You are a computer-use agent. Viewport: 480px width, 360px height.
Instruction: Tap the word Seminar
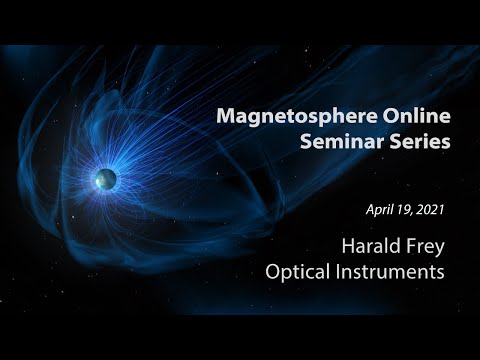coord(341,143)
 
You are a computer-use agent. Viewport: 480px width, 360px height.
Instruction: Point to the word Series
coord(420,143)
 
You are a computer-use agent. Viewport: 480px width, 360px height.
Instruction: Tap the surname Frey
coord(423,246)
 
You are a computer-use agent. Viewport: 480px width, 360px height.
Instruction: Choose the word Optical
coord(300,272)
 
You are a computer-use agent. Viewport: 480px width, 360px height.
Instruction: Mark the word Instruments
coord(392,272)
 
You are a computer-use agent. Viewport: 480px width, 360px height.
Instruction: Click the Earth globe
coord(105,179)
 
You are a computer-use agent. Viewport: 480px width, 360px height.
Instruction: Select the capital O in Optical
coord(273,272)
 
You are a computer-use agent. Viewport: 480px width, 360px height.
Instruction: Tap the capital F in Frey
coord(406,246)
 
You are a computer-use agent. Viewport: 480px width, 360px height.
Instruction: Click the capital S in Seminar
coord(306,143)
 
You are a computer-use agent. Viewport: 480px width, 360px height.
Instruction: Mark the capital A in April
coord(370,212)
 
